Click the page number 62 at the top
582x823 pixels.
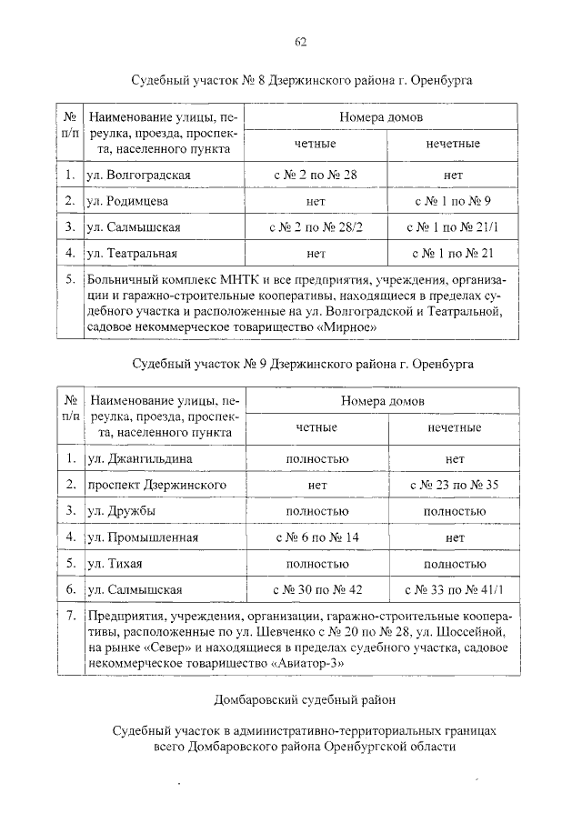(x=300, y=41)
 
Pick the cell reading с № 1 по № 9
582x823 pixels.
(x=455, y=199)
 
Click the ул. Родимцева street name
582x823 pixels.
(x=126, y=199)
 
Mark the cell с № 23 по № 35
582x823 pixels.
(x=455, y=485)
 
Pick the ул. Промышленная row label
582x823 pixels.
(x=140, y=537)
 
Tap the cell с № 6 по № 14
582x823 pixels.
(x=316, y=537)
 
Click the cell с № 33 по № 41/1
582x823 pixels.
(x=455, y=589)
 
